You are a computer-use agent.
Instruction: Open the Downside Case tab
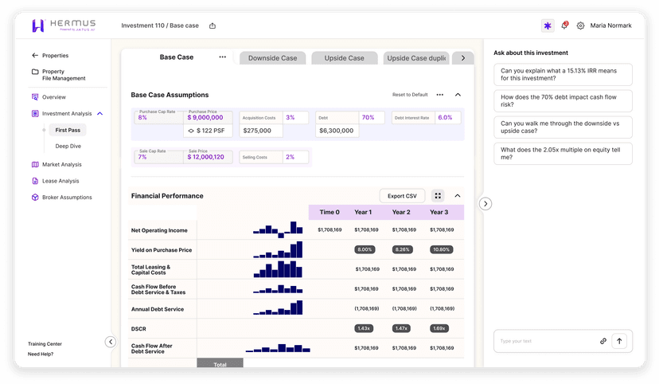tap(272, 58)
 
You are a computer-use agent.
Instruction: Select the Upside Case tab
tap(344, 58)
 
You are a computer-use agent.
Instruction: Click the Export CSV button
tap(402, 196)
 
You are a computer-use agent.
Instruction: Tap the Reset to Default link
tap(410, 95)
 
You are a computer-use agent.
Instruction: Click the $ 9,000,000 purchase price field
tap(209, 117)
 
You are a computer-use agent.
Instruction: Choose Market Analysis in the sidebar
tap(61, 165)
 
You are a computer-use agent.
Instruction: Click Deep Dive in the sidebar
tap(68, 147)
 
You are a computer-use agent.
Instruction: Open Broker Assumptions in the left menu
tap(67, 198)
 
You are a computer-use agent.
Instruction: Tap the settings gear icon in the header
tap(580, 25)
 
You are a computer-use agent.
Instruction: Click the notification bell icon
tap(564, 25)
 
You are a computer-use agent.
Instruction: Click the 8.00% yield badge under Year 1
tap(365, 249)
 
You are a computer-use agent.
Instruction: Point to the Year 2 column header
tap(401, 213)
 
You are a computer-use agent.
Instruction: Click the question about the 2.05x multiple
tap(563, 154)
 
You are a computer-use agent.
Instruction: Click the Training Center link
tap(45, 344)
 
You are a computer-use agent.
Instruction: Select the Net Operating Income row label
tap(159, 230)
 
